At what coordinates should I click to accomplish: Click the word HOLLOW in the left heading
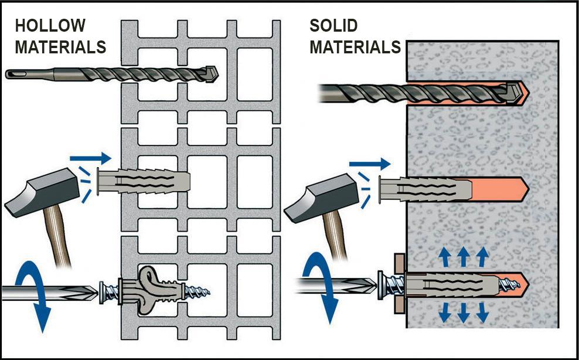[x=50, y=26]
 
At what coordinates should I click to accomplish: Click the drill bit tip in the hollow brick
[x=210, y=74]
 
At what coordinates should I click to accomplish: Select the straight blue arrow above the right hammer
[x=369, y=165]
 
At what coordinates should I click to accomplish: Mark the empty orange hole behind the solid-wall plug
[x=498, y=189]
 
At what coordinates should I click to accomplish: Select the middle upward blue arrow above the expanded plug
[x=462, y=256]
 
